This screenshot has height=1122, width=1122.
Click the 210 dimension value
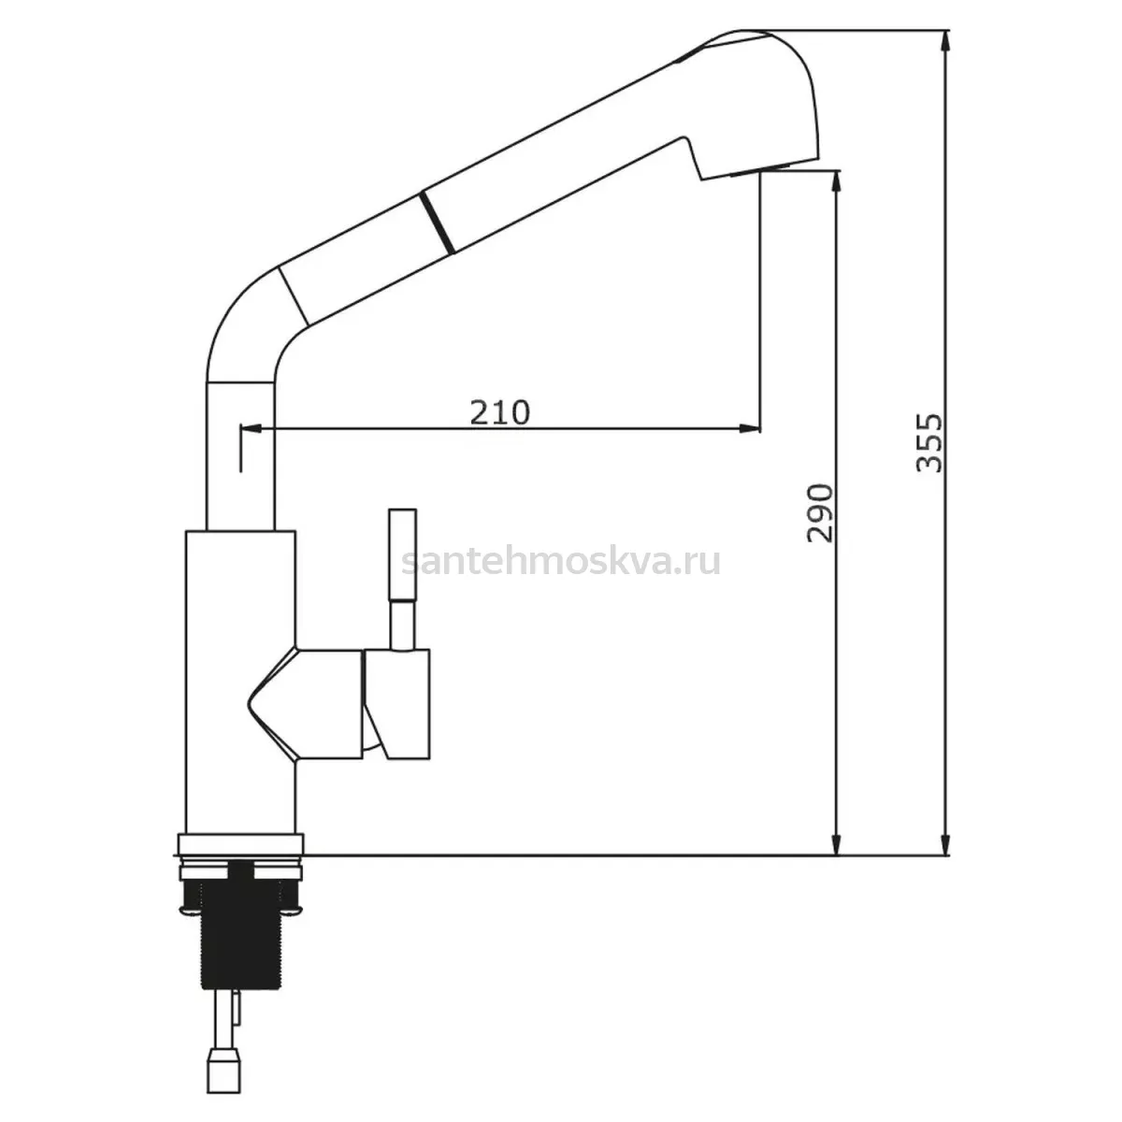tap(499, 412)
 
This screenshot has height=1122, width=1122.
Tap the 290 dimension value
tap(820, 513)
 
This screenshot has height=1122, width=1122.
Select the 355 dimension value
tap(928, 443)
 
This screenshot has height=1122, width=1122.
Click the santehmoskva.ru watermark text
tap(561, 562)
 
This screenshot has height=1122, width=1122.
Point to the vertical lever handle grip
tap(402, 554)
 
